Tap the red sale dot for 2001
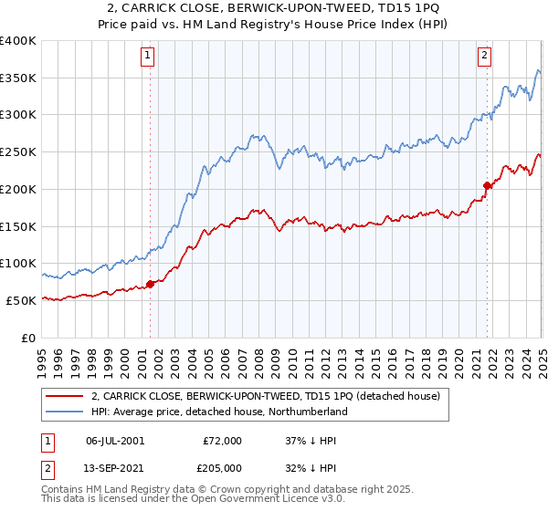pyautogui.click(x=150, y=284)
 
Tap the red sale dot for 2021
pyautogui.click(x=487, y=185)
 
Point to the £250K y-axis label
pyautogui.click(x=18, y=152)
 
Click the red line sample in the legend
pyautogui.click(x=65, y=396)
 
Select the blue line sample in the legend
pyautogui.click(x=65, y=412)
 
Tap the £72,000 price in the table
pyautogui.click(x=223, y=441)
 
